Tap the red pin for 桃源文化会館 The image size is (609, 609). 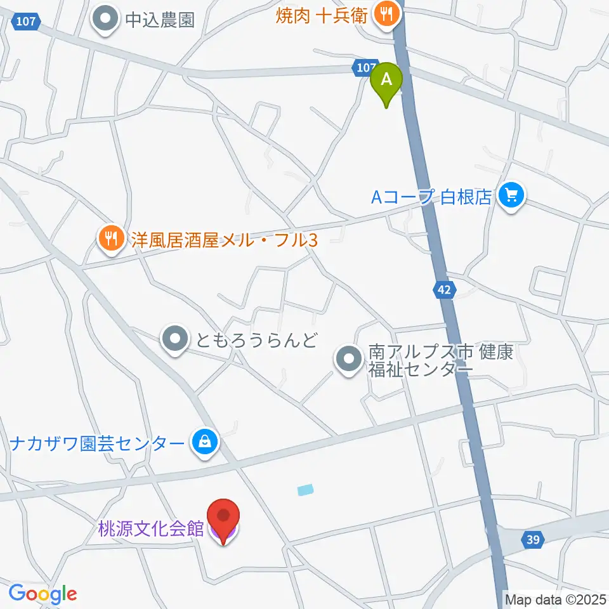pos(223,520)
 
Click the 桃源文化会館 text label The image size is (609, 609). pos(151,528)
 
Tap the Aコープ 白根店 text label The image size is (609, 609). pos(431,197)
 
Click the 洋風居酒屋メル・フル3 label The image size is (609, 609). pos(224,239)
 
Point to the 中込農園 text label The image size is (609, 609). pos(159,20)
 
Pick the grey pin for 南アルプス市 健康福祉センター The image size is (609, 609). pos(348,360)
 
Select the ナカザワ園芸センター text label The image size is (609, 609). pos(97,442)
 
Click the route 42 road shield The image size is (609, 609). pos(445,290)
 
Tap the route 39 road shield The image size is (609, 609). pos(532,540)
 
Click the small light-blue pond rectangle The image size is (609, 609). pos(305,489)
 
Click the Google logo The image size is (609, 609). pos(43,594)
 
